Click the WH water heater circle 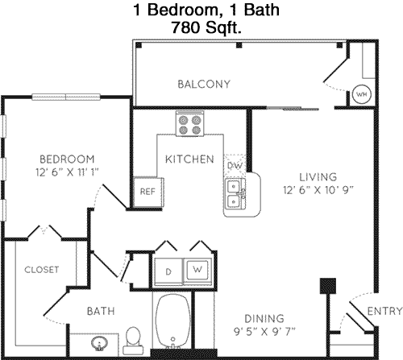point(362,94)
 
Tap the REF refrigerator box point(148,192)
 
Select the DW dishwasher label point(235,165)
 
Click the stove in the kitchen point(189,124)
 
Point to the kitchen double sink point(235,194)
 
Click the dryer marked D point(168,271)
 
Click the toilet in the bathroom point(133,340)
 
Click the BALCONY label point(204,85)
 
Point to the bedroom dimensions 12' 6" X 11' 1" point(67,172)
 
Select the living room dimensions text point(318,190)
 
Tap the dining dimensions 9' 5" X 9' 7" point(264,332)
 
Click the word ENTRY point(384,311)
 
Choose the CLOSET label point(42,270)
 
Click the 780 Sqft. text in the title point(206,27)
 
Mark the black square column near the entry point(328,286)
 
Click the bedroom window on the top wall point(66,97)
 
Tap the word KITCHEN point(189,159)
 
